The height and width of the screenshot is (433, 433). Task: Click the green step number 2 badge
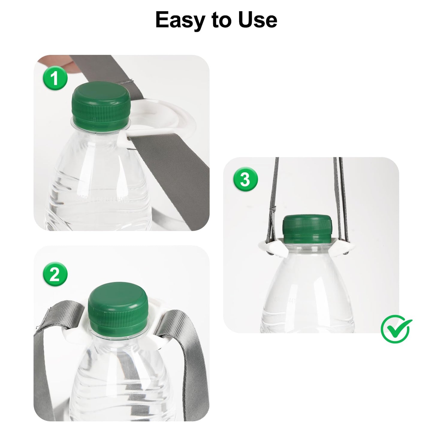(x=55, y=274)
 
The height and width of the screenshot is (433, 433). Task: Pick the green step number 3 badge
(x=245, y=180)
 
